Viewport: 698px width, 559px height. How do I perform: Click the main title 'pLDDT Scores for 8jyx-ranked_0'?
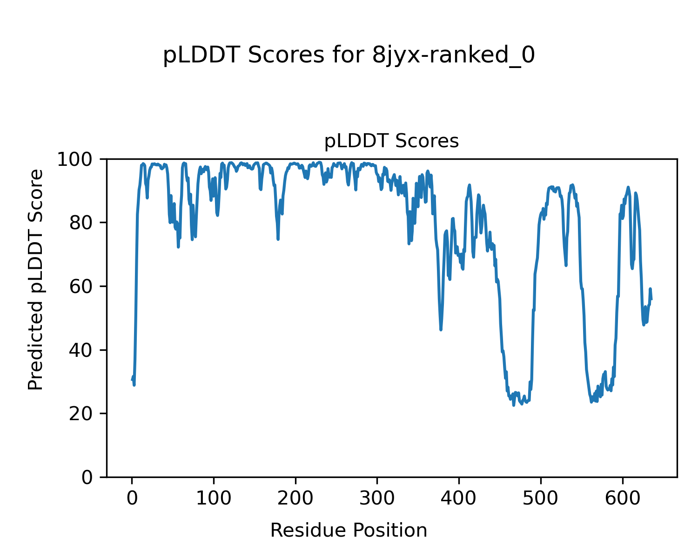click(x=349, y=55)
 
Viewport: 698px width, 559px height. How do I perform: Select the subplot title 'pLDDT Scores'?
click(x=391, y=141)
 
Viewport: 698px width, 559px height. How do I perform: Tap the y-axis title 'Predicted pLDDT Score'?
click(x=36, y=279)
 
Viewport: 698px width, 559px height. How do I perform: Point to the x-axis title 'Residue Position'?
click(x=349, y=530)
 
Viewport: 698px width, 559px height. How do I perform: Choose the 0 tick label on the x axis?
click(x=132, y=498)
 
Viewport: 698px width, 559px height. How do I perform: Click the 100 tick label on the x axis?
click(x=214, y=498)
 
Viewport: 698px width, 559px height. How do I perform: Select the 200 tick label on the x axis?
click(x=295, y=498)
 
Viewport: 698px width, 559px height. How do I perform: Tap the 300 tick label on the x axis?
click(x=377, y=498)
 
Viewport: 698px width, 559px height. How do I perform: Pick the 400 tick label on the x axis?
click(x=459, y=498)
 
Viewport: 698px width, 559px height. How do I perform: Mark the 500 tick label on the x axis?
click(x=541, y=498)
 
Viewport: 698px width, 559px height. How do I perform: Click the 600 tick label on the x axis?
click(x=622, y=498)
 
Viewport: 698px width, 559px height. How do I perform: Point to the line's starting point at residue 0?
click(x=132, y=380)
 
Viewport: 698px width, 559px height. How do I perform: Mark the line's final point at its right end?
click(x=651, y=299)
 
